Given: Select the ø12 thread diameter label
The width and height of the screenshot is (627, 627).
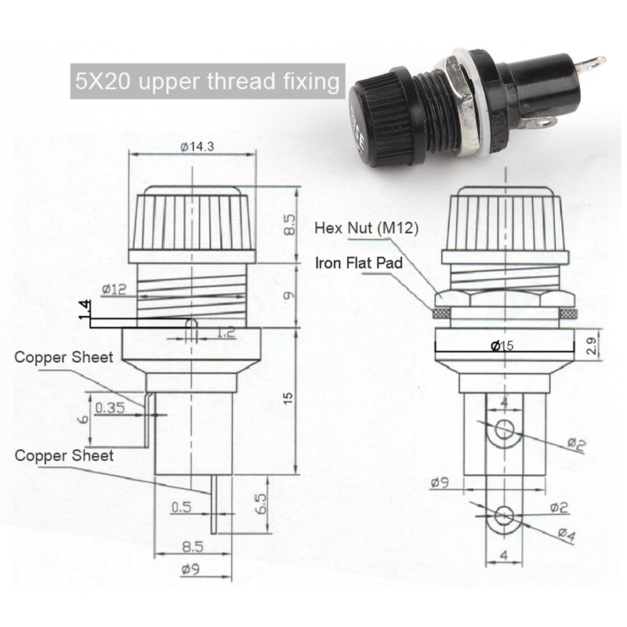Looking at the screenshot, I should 114,289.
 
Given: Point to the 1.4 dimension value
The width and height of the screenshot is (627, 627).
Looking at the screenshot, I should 83,310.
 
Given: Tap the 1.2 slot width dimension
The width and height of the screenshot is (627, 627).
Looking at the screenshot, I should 225,333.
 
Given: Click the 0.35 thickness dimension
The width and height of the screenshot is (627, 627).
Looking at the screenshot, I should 109,408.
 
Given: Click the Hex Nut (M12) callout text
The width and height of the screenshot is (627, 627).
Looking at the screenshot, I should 367,229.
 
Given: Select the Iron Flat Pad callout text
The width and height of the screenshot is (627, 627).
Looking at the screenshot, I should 359,263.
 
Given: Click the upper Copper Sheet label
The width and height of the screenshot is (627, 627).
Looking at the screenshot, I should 63,357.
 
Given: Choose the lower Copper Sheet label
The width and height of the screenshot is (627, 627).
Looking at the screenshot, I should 63,455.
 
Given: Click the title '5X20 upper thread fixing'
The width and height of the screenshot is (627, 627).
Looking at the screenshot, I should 208,81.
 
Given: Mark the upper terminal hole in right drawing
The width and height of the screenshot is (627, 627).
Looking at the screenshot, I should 505,429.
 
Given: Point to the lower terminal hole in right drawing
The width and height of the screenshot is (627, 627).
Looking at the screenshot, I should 505,515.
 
